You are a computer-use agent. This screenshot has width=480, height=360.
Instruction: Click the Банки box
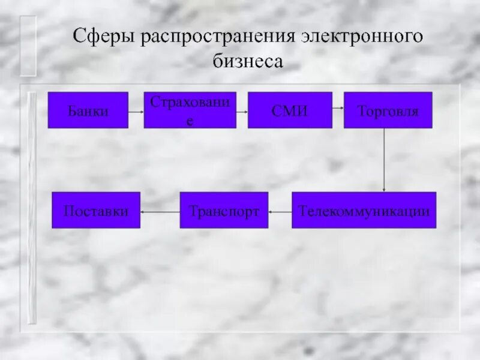tap(88, 110)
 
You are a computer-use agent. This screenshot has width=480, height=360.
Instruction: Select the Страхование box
tap(190, 110)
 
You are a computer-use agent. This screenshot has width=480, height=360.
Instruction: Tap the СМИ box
tap(290, 110)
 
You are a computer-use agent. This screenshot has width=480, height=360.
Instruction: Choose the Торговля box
tap(388, 110)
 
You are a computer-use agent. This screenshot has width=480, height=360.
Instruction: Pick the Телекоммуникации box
tap(364, 210)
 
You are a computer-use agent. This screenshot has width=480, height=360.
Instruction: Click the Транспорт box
tap(224, 210)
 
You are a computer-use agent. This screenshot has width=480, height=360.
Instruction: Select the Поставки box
tap(96, 210)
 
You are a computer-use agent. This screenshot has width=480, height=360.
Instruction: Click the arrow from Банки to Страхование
tap(136, 110)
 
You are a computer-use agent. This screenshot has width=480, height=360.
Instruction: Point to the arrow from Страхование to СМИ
tap(242, 110)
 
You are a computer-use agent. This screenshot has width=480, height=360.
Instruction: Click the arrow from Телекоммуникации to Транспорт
tap(280, 211)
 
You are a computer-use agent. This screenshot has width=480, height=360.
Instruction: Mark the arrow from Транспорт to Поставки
tap(160, 211)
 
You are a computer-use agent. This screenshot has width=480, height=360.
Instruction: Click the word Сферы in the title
tap(104, 37)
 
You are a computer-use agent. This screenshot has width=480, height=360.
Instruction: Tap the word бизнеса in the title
tap(247, 61)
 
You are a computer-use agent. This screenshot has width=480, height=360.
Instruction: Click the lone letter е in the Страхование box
tap(190, 120)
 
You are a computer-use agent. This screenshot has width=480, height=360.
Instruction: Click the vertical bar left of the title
tap(28, 46)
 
